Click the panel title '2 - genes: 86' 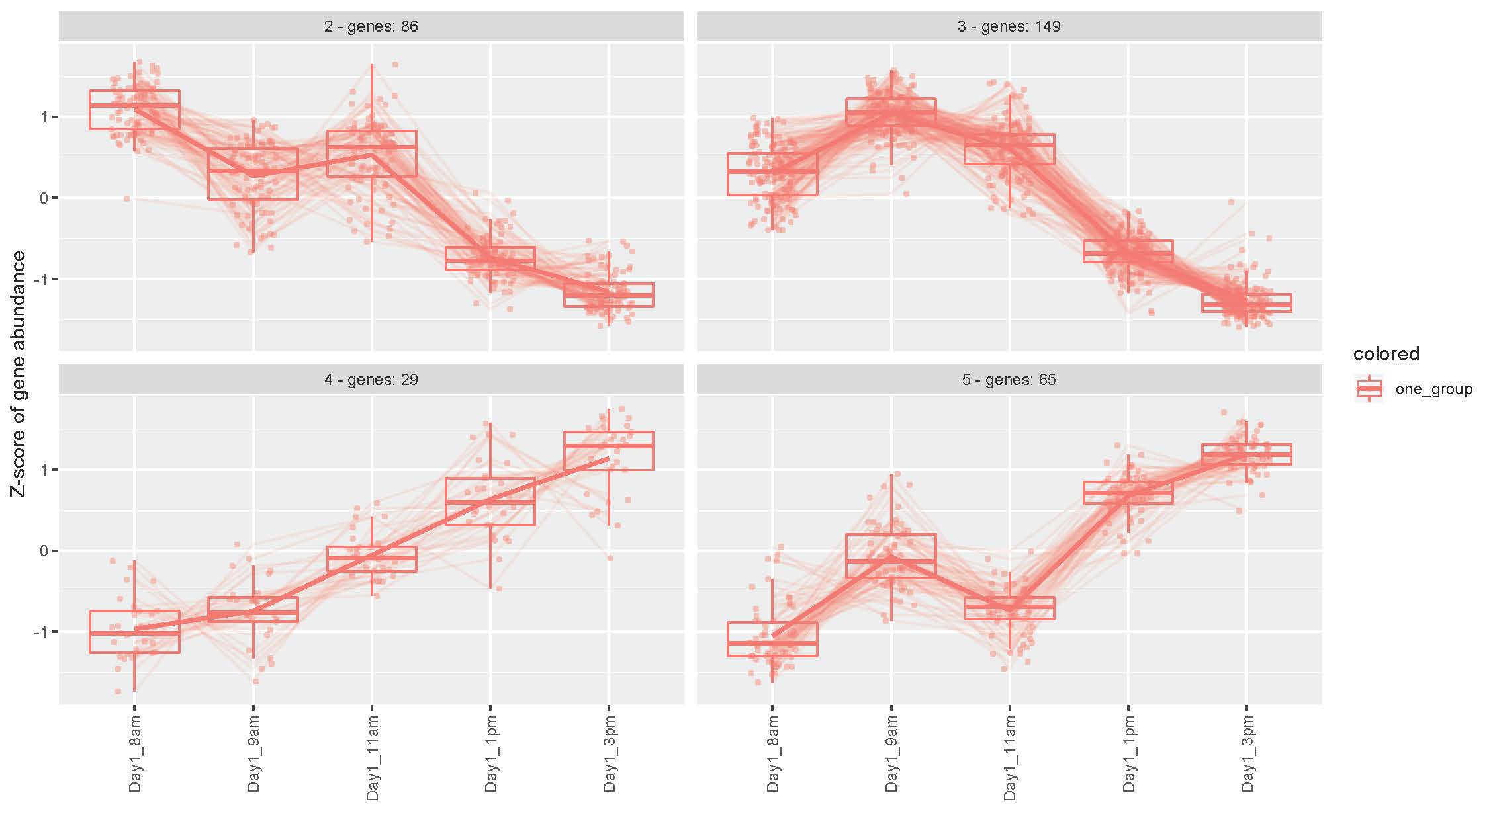click(x=371, y=26)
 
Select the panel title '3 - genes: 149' click(x=1009, y=26)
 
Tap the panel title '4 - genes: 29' click(x=371, y=380)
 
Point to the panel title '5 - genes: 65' click(x=1009, y=380)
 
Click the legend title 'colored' click(x=1386, y=355)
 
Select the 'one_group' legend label click(x=1433, y=389)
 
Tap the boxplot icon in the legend click(x=1369, y=389)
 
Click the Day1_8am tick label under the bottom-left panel click(x=135, y=753)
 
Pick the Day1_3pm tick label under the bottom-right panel click(x=1247, y=753)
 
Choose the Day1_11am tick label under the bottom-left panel click(x=372, y=758)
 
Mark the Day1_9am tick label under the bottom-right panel click(x=891, y=753)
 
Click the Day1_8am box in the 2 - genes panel click(x=134, y=110)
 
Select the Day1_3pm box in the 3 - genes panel click(x=1247, y=303)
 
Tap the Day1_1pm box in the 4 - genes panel click(x=490, y=501)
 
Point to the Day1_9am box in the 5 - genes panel click(x=891, y=556)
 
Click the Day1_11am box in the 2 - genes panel click(x=372, y=153)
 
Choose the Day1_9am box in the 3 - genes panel click(x=891, y=111)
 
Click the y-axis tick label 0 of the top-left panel click(x=44, y=198)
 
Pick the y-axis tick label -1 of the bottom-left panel click(x=41, y=632)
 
